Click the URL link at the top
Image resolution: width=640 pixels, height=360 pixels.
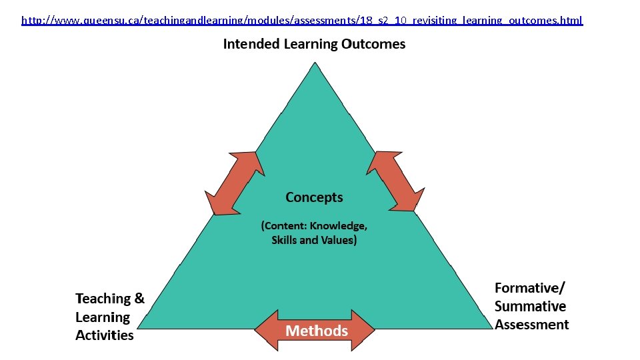click(x=302, y=21)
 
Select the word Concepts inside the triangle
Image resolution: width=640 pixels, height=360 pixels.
click(x=314, y=197)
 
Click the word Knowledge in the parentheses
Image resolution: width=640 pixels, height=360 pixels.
click(x=340, y=225)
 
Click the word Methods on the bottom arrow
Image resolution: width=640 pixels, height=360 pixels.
click(x=317, y=331)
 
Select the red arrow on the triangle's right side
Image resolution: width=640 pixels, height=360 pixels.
click(x=396, y=181)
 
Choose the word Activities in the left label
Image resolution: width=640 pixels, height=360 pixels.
click(x=105, y=335)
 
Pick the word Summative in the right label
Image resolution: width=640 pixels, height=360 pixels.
click(x=530, y=307)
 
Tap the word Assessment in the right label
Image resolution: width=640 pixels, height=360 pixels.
click(x=531, y=325)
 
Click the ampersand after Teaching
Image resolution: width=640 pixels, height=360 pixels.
click(x=139, y=299)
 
